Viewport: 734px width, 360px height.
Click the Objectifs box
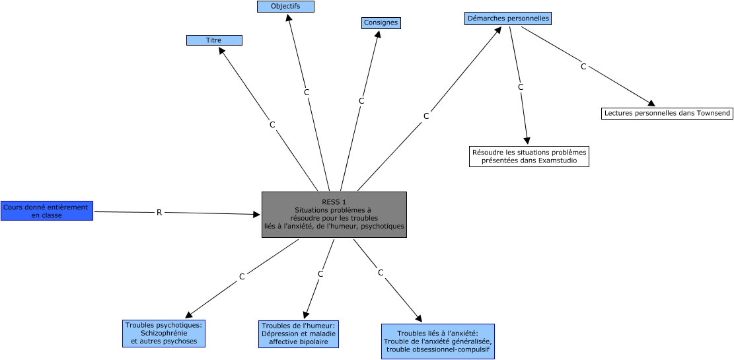(x=285, y=7)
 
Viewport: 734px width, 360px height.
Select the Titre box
(x=214, y=40)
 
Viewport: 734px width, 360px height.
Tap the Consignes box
(x=381, y=23)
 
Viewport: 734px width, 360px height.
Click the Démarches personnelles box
(x=507, y=18)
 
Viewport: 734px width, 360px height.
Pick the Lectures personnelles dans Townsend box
(x=667, y=114)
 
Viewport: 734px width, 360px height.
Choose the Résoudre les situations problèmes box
(x=529, y=157)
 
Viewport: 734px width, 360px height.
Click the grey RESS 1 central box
(x=334, y=215)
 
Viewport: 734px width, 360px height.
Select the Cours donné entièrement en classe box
(x=46, y=211)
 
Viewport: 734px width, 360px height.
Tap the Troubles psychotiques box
(x=164, y=333)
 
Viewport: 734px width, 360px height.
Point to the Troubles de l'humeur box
(x=299, y=334)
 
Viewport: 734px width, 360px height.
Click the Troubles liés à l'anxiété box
(x=437, y=342)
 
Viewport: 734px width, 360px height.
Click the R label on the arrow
(x=159, y=213)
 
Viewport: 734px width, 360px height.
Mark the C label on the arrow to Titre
(x=272, y=124)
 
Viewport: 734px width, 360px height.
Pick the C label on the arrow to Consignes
(x=361, y=101)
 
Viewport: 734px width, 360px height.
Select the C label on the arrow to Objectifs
(x=307, y=92)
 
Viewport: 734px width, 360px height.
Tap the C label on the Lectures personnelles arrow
(x=583, y=66)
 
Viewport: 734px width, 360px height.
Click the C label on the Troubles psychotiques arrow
(x=242, y=277)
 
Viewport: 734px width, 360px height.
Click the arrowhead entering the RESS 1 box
(x=257, y=214)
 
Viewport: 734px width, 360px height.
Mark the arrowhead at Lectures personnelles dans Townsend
(x=651, y=103)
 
